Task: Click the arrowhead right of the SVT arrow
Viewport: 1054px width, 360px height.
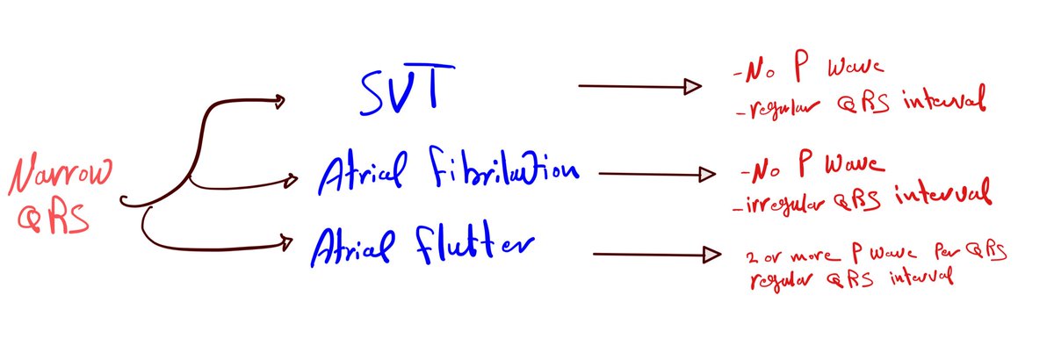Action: pyautogui.click(x=693, y=86)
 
